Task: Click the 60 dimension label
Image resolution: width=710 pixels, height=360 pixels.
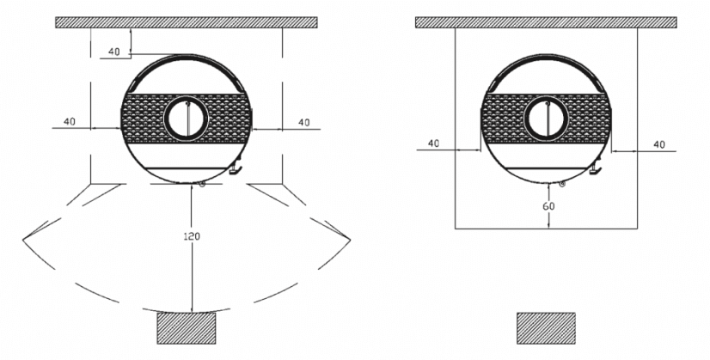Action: click(548, 206)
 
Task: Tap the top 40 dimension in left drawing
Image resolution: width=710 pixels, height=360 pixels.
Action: click(114, 52)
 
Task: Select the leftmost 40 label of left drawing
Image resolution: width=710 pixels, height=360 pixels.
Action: click(69, 121)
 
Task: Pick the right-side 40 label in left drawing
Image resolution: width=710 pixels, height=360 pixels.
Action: click(303, 123)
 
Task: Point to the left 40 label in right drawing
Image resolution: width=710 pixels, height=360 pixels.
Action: click(433, 143)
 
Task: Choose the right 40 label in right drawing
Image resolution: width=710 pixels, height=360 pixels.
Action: click(659, 144)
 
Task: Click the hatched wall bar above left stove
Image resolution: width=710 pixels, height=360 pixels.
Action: click(187, 21)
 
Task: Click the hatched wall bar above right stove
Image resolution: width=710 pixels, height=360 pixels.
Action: click(548, 21)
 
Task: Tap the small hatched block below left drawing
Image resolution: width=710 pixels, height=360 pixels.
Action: click(186, 327)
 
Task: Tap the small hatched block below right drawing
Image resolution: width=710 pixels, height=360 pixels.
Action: click(545, 327)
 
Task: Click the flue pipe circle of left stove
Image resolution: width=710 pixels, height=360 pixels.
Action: click(187, 117)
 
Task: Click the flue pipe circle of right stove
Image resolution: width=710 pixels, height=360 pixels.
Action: click(548, 118)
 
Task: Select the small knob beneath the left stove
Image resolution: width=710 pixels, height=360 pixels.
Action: click(201, 183)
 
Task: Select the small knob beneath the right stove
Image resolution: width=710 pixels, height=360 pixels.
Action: click(562, 183)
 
